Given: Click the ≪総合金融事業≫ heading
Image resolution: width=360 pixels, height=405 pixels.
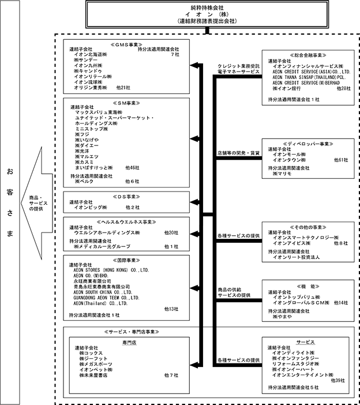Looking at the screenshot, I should (x=307, y=55).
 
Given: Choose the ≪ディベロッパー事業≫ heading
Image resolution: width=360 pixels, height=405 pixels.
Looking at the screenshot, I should (x=307, y=142).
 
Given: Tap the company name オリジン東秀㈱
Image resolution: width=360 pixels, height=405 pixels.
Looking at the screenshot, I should (x=91, y=88).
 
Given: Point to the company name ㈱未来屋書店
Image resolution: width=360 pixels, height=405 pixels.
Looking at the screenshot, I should (x=94, y=375).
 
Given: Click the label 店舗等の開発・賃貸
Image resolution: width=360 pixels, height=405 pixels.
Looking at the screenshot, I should (x=238, y=152).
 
